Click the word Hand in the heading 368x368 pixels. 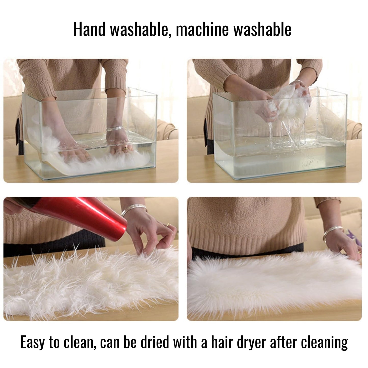coord(89,29)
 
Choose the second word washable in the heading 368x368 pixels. coord(263,29)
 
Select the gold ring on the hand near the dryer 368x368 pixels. coord(168,225)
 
